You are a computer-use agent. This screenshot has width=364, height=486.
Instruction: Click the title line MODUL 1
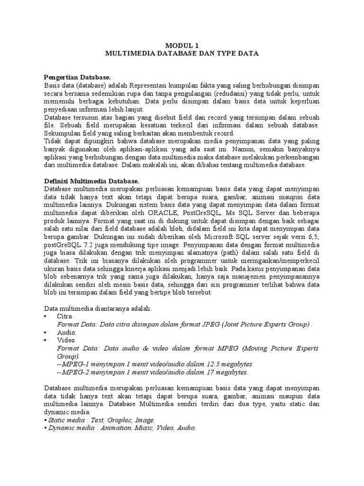click(182, 46)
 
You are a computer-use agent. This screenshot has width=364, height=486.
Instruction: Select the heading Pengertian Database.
click(77, 77)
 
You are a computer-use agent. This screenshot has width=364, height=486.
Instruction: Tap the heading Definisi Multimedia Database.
click(91, 181)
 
